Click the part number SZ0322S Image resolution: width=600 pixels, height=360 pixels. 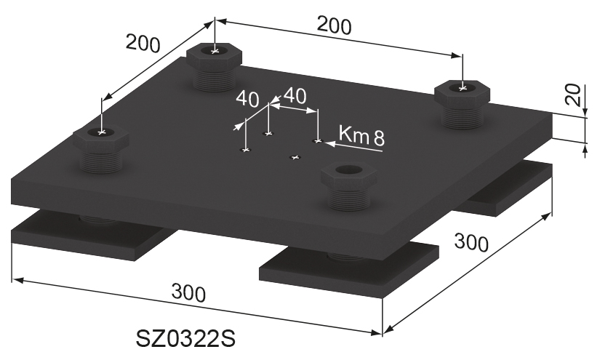pyautogui.click(x=185, y=340)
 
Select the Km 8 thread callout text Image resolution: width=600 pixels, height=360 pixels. pyautogui.click(x=361, y=136)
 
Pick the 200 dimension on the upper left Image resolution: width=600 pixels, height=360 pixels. pyautogui.click(x=142, y=45)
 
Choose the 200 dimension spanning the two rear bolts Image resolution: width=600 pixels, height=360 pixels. pyautogui.click(x=335, y=26)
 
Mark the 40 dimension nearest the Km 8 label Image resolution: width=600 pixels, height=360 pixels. pyautogui.click(x=294, y=95)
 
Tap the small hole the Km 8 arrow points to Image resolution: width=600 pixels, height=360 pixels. pyautogui.click(x=317, y=140)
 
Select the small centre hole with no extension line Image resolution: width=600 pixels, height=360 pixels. pyautogui.click(x=295, y=157)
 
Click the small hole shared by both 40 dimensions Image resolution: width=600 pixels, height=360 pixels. pyautogui.click(x=269, y=134)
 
